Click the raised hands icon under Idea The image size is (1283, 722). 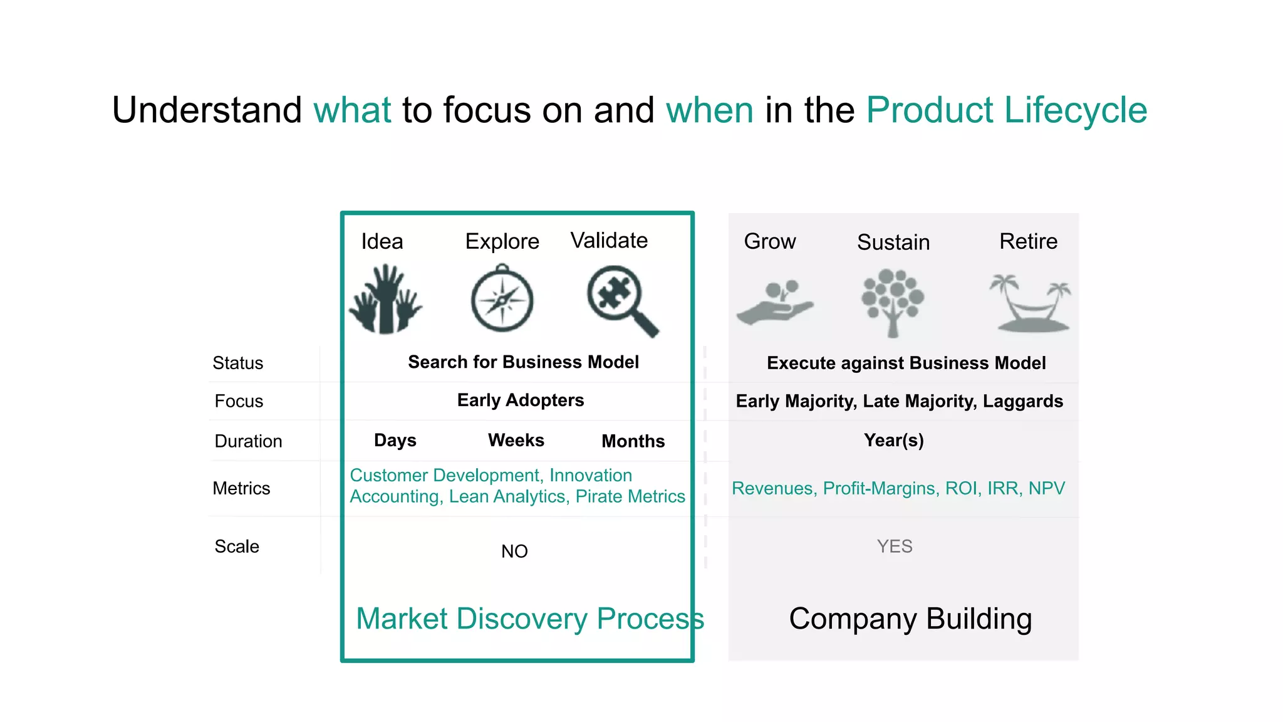click(385, 300)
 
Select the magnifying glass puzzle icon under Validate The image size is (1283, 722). click(621, 300)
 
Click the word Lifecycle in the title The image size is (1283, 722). click(1076, 110)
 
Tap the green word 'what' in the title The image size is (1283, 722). click(352, 110)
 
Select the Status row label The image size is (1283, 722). click(237, 363)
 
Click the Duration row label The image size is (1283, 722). click(248, 441)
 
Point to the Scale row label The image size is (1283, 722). click(237, 547)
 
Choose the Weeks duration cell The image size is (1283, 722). click(516, 440)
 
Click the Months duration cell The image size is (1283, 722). click(633, 441)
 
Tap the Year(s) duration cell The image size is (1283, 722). click(893, 440)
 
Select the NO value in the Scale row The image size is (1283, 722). click(514, 552)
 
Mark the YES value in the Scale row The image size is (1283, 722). click(895, 547)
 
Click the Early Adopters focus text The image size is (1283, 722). click(520, 400)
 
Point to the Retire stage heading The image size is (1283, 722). click(1028, 241)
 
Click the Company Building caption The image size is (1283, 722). click(910, 619)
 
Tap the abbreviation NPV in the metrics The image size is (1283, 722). click(1046, 488)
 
